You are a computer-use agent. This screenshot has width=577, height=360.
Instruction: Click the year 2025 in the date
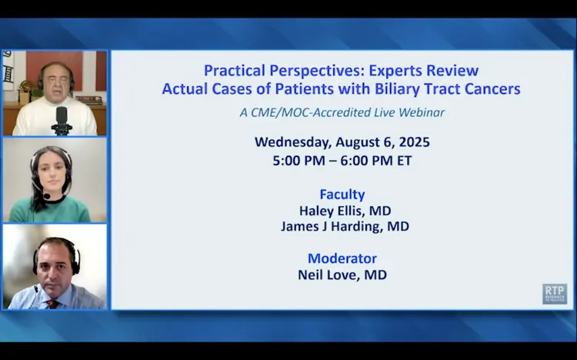click(x=415, y=142)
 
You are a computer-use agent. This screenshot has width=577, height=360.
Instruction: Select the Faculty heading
click(x=342, y=195)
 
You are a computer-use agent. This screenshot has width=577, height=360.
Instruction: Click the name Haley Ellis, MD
click(x=345, y=211)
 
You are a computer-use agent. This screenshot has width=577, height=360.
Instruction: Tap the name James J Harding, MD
click(x=345, y=226)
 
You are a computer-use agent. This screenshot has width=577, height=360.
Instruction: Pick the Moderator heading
click(x=342, y=258)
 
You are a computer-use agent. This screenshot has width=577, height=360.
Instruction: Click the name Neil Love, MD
click(x=342, y=275)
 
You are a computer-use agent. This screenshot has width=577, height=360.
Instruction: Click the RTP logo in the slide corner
click(x=555, y=294)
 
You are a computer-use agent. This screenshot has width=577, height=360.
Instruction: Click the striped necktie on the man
click(x=52, y=305)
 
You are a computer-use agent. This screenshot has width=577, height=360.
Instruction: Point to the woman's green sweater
click(x=49, y=210)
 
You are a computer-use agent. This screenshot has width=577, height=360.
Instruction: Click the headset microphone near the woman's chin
click(x=47, y=197)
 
